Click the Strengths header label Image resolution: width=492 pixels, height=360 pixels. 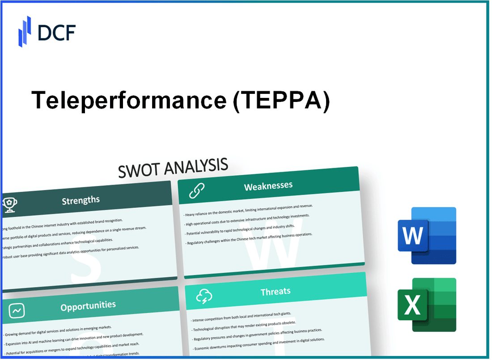(81, 200)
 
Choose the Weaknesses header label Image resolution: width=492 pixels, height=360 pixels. (268, 186)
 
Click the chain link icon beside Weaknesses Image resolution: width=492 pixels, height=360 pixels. (196, 191)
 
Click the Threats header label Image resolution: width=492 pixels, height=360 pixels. (276, 291)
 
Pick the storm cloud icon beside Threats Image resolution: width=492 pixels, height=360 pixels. (204, 296)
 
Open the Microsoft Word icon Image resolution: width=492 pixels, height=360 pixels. (427, 236)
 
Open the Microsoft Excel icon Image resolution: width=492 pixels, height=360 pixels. (427, 305)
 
